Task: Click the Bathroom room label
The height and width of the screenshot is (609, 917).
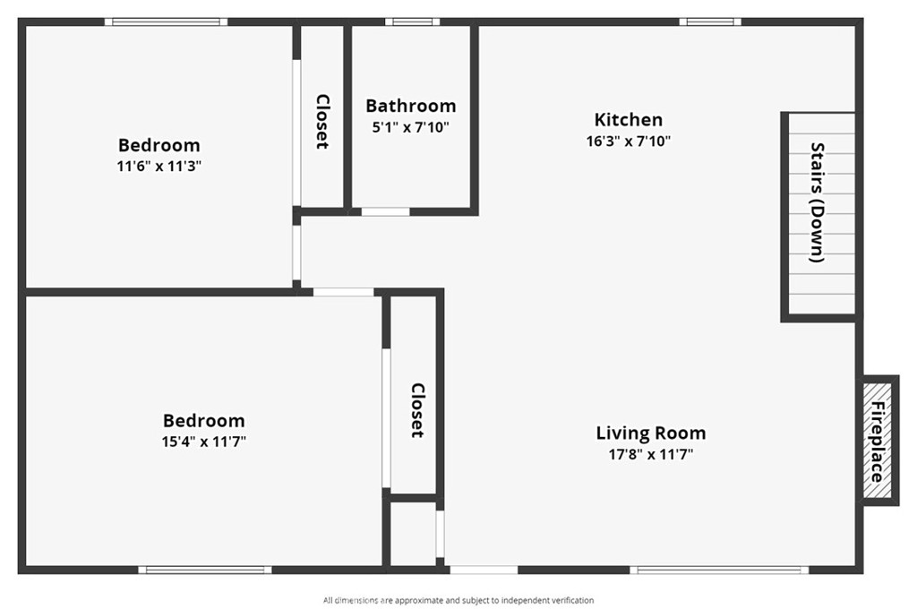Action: coord(410,106)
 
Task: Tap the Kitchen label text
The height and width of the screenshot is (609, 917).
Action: coord(629,120)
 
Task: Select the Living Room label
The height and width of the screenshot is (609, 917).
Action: coord(651,433)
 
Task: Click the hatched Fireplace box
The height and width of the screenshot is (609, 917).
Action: coord(878,441)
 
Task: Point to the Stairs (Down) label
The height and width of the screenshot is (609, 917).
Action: coord(817,202)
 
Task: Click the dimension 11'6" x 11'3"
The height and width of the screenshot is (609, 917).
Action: coord(159,167)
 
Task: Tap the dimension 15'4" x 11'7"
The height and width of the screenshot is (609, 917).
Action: coord(204,442)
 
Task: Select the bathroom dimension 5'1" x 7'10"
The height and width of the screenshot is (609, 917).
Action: coord(410,127)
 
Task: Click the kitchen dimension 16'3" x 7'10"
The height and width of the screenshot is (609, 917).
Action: coord(629,141)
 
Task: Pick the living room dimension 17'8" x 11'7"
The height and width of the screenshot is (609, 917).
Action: coord(651,455)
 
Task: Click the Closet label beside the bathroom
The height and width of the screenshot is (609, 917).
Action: coord(322,122)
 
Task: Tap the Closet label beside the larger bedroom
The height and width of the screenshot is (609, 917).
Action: coord(417,411)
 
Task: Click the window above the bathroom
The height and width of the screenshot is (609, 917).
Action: coord(412,22)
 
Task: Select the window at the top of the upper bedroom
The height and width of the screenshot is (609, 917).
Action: coord(166,22)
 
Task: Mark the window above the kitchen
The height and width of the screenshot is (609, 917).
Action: coord(710,22)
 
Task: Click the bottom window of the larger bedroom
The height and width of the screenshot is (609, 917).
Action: coord(205,570)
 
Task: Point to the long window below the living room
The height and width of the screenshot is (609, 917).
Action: coord(719,570)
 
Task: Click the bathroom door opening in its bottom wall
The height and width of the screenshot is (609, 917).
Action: coord(385,211)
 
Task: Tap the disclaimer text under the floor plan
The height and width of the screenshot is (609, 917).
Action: coord(458,600)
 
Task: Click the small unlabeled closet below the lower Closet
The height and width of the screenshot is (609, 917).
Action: coord(413,533)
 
